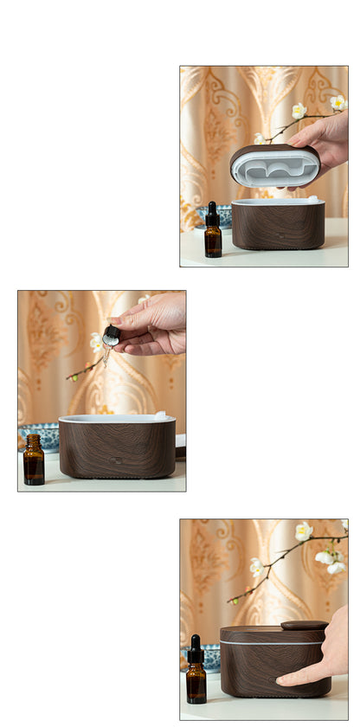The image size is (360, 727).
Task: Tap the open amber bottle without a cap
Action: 34,461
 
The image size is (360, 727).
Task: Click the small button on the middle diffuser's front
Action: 116,460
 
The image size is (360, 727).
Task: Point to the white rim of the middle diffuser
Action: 116,419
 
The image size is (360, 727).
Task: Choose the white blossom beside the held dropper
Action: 97,342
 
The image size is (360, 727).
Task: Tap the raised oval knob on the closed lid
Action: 304,625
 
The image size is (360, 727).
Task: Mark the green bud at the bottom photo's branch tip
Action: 232,599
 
